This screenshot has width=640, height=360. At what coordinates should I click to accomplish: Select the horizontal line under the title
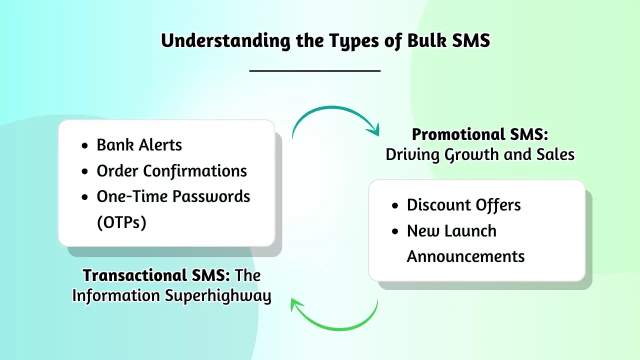coord(315,70)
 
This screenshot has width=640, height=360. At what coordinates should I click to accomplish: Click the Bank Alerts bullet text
coord(139,145)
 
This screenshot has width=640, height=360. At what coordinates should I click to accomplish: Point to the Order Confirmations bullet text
coord(171,171)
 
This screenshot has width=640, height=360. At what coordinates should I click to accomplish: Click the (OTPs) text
coord(121,222)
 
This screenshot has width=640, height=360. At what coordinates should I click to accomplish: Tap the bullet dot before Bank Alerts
coord(85,145)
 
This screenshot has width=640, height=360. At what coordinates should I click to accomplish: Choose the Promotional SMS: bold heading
coord(479,134)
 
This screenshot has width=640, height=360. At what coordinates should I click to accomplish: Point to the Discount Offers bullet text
coord(463,205)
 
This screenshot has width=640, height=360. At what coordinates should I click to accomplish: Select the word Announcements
coord(465,256)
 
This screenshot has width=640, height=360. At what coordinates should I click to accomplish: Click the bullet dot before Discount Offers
coord(395,205)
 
